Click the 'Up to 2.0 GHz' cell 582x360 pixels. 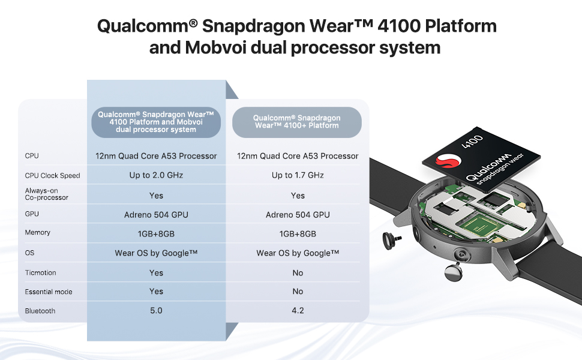click(x=156, y=175)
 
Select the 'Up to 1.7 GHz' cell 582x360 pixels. click(x=298, y=175)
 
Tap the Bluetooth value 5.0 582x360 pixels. click(x=156, y=311)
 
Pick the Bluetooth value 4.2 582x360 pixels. click(x=298, y=311)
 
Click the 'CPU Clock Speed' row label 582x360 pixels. click(x=52, y=176)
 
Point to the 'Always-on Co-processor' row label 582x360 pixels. click(x=47, y=194)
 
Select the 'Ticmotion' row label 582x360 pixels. click(x=40, y=273)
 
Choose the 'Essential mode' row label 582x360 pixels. click(x=49, y=292)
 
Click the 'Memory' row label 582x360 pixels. click(x=38, y=233)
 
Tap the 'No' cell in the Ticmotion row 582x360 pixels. click(x=298, y=273)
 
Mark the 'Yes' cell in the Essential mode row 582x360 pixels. click(x=156, y=292)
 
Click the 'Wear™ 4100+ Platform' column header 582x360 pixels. click(x=297, y=122)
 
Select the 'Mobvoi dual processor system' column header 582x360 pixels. click(x=156, y=122)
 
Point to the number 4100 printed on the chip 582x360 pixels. click(x=472, y=142)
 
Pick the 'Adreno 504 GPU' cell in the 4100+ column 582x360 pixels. click(x=298, y=215)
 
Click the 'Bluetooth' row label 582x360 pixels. click(x=40, y=311)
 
